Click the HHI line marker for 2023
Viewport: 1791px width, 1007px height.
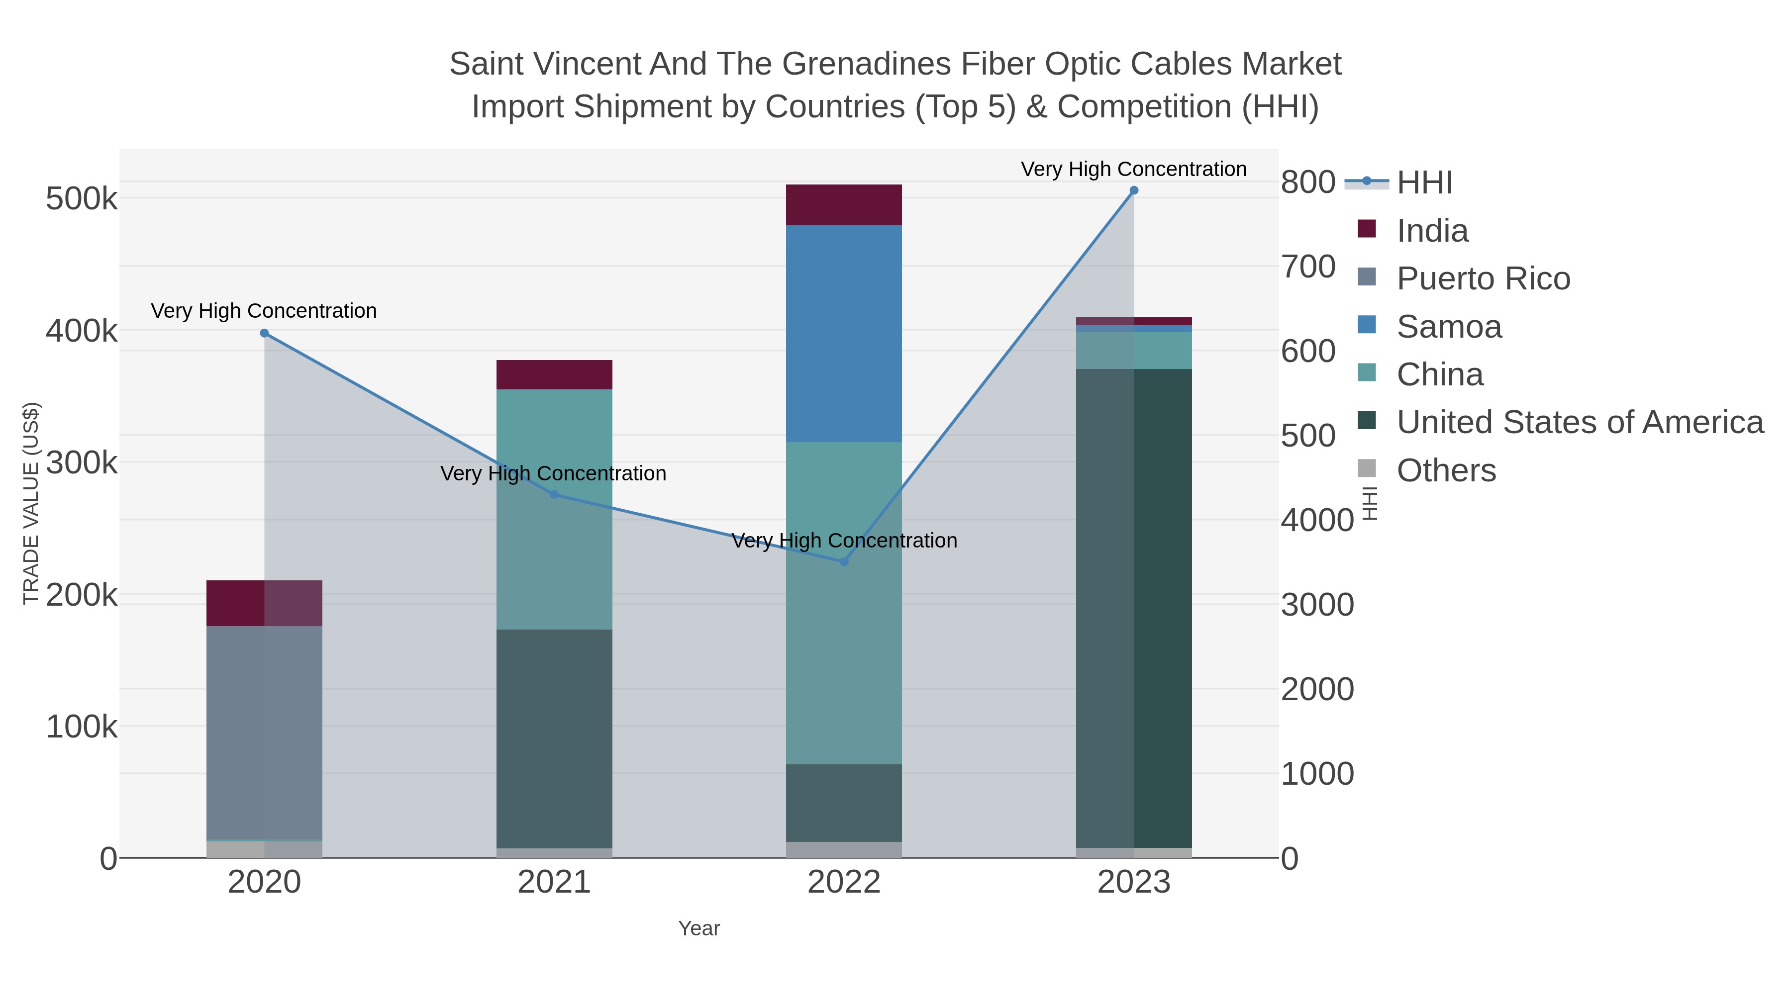[x=1134, y=190]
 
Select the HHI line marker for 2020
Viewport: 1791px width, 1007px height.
[x=264, y=334]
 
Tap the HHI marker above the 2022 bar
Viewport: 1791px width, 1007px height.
[x=844, y=561]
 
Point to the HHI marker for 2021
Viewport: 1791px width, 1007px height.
[x=554, y=495]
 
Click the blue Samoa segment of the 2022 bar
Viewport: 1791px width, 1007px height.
[x=844, y=334]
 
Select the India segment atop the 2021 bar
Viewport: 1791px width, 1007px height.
[x=554, y=374]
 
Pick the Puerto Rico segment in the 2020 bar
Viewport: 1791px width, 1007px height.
[x=264, y=733]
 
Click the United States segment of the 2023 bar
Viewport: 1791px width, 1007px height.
[x=1134, y=608]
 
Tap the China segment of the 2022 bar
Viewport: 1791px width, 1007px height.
[x=844, y=603]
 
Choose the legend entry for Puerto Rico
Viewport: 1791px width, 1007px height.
[x=1483, y=278]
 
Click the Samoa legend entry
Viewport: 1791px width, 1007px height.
[x=1449, y=327]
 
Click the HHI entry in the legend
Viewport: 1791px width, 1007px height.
[x=1424, y=183]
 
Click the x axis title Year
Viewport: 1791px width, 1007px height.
[x=699, y=928]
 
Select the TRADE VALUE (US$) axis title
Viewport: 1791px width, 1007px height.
[x=31, y=503]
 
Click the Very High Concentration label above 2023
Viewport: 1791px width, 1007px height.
[x=1133, y=169]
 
